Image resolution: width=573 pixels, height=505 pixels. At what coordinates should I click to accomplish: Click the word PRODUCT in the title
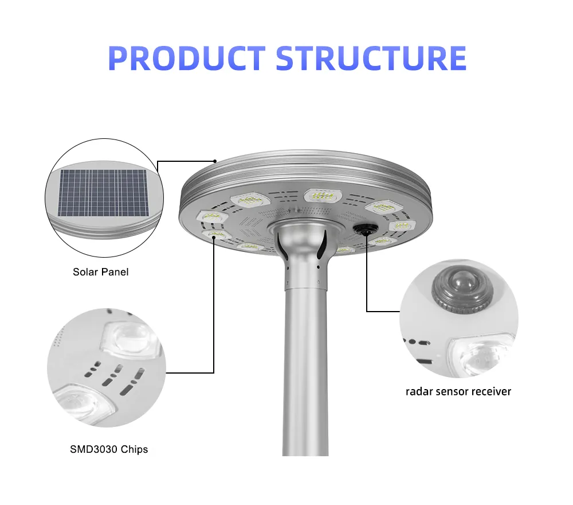click(186, 58)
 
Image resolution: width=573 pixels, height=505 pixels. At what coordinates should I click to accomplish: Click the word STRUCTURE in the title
click(371, 58)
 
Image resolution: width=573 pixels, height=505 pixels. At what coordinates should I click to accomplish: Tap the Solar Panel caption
click(101, 272)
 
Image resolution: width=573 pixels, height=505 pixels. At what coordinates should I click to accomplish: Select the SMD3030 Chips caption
click(109, 449)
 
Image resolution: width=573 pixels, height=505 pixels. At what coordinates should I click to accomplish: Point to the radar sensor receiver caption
click(458, 392)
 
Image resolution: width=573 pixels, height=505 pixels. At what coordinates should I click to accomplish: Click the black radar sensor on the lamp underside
click(363, 230)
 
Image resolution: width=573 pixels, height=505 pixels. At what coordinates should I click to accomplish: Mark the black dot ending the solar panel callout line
click(215, 161)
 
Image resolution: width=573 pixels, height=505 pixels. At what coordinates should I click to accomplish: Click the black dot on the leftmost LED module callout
click(214, 236)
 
